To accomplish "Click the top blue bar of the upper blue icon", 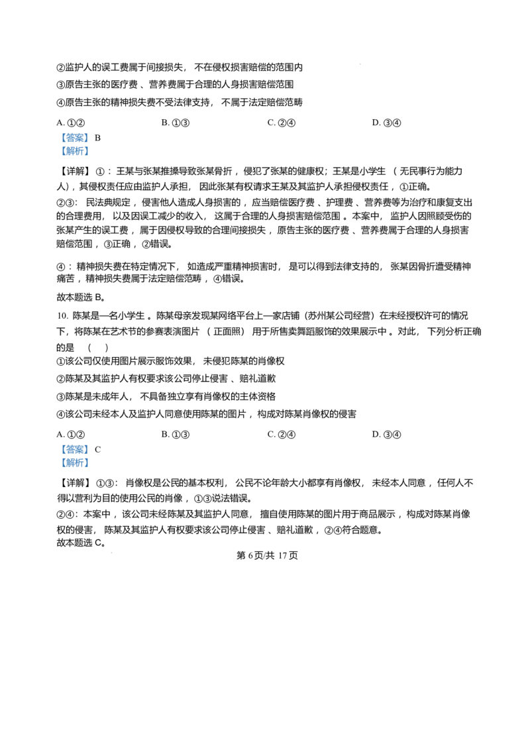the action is tap(74, 139).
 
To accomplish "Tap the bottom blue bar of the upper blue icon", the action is tap(74, 152).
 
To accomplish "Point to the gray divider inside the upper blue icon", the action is tap(74, 145).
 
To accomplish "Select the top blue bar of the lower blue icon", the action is tap(74, 449).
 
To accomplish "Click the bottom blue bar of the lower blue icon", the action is tap(74, 462).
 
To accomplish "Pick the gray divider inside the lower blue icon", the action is tap(74, 456).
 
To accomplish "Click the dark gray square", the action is tap(360, 64).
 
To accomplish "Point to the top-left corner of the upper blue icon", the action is tap(59, 133).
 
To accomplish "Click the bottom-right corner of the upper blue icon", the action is tap(89, 158).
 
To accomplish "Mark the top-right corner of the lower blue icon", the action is tap(89, 441).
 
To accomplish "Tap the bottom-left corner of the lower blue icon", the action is tap(59, 470).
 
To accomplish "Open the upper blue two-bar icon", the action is tap(74, 146).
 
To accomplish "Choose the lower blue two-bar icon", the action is tap(74, 456).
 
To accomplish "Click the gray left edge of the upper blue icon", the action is tap(60, 146).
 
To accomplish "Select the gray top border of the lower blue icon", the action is tap(74, 441).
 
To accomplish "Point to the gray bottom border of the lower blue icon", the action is tap(74, 470).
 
